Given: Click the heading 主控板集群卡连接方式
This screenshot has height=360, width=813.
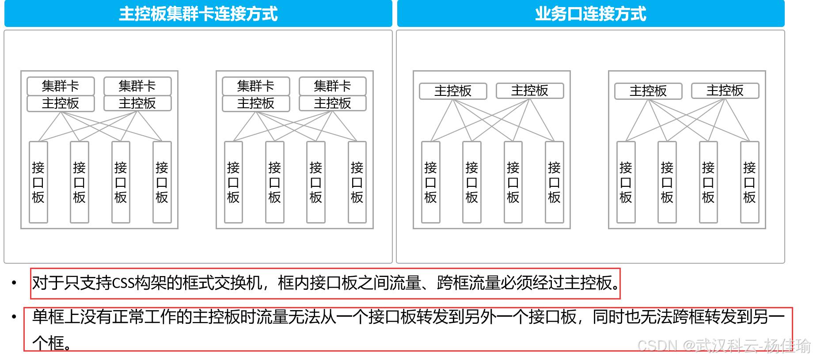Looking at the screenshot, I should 198,14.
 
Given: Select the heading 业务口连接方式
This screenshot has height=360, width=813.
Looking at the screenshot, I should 590,14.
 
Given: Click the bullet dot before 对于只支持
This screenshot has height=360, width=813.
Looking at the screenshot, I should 15,283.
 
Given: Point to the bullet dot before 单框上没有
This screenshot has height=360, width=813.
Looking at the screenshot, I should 15,317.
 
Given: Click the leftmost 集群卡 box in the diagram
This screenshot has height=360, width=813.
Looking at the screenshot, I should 61,86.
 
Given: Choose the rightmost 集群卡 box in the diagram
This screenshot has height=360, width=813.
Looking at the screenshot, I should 333,86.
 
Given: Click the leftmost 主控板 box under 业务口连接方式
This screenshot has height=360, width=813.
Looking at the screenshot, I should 453,91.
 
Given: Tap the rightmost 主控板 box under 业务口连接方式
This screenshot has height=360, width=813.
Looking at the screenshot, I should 725,91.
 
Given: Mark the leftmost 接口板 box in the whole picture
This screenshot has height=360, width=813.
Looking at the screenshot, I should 38,182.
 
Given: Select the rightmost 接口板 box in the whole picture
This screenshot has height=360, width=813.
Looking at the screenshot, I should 749,182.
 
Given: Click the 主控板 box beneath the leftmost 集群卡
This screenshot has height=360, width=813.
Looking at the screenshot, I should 61,103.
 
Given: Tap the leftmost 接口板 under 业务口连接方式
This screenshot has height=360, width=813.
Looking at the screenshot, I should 430,182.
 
